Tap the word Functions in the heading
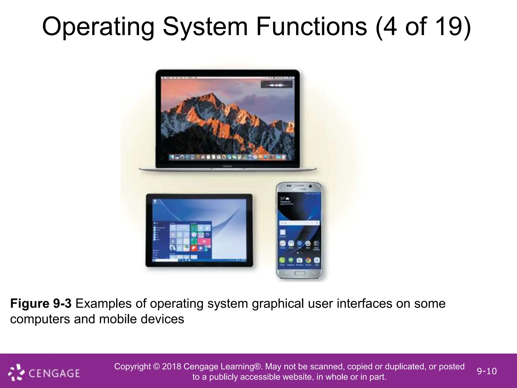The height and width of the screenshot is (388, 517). [x=311, y=26]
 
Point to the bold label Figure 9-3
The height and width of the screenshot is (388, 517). [x=41, y=304]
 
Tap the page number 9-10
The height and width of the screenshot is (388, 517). [x=486, y=371]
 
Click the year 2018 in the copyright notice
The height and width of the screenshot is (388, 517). [x=171, y=367]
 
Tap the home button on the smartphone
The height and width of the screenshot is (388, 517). [x=299, y=274]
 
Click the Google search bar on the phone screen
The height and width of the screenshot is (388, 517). [x=299, y=223]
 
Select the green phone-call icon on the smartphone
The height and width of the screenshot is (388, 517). [x=282, y=260]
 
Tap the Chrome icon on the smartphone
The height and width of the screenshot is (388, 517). [x=308, y=260]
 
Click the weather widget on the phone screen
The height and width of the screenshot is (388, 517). [x=288, y=201]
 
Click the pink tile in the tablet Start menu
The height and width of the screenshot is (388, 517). [x=204, y=241]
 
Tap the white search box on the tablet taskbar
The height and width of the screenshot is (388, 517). [x=162, y=260]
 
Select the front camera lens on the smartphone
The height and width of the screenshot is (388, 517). [x=311, y=186]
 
